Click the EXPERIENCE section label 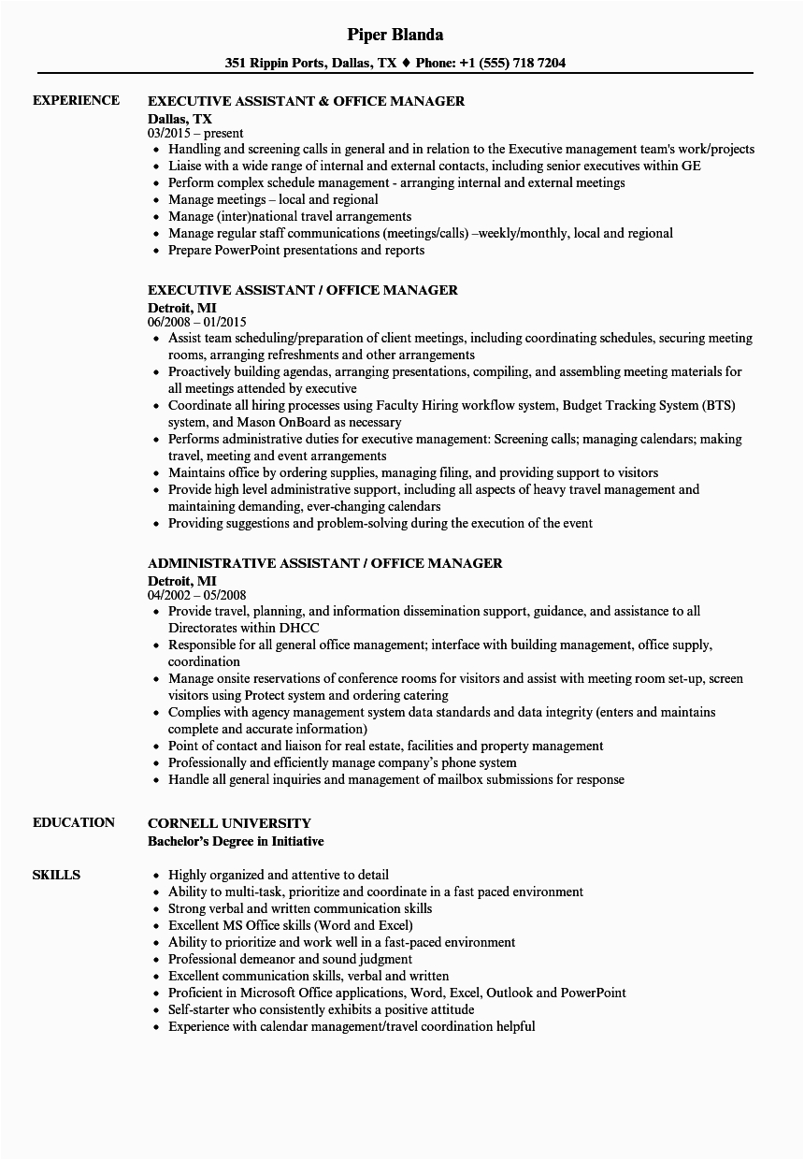pos(76,100)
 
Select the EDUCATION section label pos(74,822)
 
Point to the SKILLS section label pos(56,875)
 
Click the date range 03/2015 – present pos(195,133)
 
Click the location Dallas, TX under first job pos(179,119)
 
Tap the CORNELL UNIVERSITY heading pos(229,823)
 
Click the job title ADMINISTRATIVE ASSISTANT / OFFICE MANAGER pos(324,563)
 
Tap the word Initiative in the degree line pos(294,841)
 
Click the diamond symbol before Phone pos(406,64)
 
